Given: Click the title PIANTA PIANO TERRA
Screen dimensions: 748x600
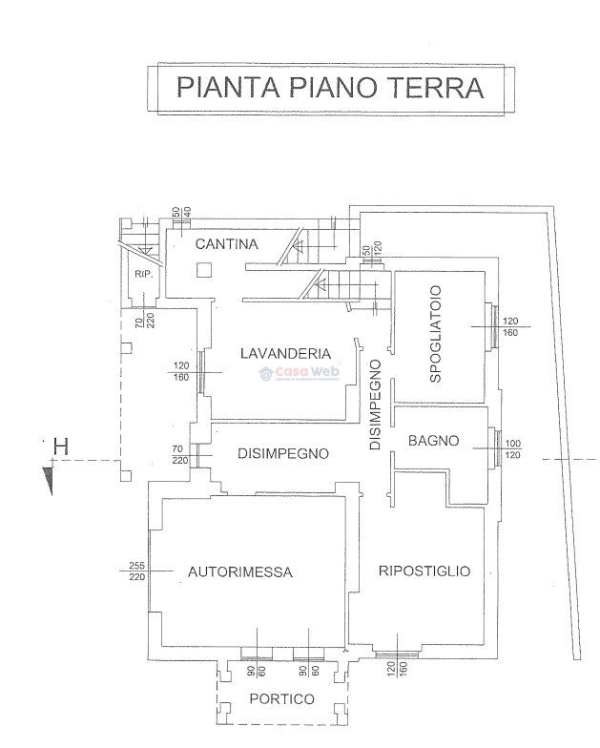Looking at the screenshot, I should (x=330, y=88).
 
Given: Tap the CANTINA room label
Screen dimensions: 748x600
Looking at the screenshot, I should (x=226, y=244).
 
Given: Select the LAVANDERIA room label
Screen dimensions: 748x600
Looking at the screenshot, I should (x=285, y=353).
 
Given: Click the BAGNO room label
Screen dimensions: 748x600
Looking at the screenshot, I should (x=434, y=441).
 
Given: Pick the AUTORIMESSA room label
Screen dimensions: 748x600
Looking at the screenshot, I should (x=239, y=572).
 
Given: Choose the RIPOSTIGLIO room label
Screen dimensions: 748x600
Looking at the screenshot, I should (x=424, y=571).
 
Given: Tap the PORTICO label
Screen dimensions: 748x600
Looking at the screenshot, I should (x=281, y=699).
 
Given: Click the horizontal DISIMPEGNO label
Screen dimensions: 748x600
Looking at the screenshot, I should (x=283, y=454).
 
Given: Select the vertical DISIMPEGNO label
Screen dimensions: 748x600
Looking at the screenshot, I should (x=376, y=405).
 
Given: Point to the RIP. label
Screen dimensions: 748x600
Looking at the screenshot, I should (x=144, y=275).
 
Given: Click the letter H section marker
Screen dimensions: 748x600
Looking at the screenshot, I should (x=61, y=446).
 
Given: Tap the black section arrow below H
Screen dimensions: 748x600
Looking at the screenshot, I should (x=48, y=480).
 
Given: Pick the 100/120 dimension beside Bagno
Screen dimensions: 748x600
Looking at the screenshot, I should (x=512, y=449).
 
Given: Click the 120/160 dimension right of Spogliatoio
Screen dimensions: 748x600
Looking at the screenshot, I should (x=510, y=326).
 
